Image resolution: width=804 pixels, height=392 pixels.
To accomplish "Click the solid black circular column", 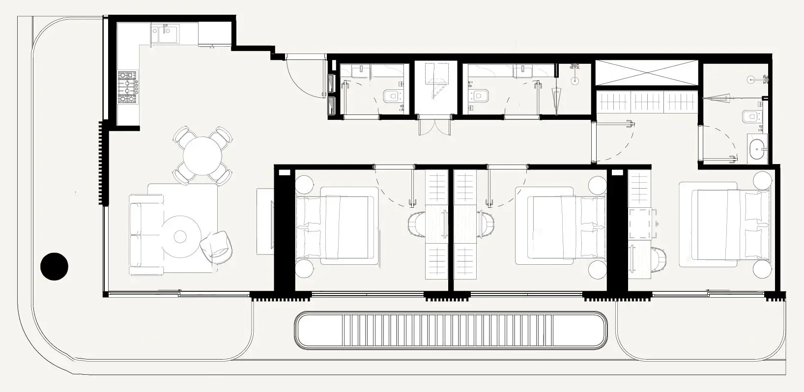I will pos(54,267).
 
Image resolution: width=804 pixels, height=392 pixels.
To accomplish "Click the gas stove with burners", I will pos(128,87).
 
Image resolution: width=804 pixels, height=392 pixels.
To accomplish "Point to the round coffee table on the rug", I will pos(180,237).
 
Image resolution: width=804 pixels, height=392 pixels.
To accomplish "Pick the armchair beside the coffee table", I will pos(216,245).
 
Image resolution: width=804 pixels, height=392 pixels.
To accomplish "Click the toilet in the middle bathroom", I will pos(478,96).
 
